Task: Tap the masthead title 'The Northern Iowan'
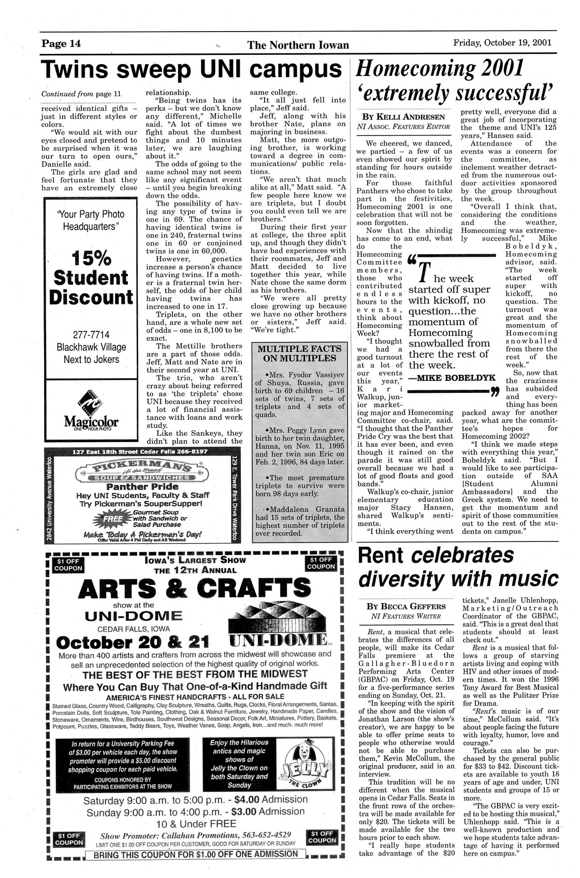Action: coord(298,46)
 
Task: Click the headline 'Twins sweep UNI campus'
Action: coord(192,70)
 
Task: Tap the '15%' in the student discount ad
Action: coord(91,257)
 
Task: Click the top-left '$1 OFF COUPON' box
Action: coord(68,565)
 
